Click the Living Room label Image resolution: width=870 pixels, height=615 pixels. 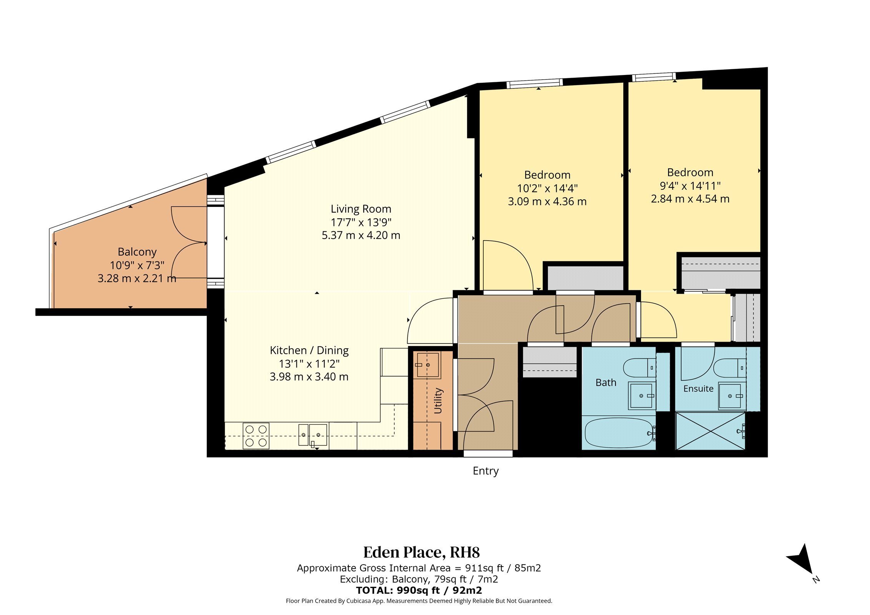click(361, 209)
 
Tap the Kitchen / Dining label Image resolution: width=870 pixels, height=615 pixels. click(309, 351)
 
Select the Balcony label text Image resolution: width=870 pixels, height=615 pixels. click(137, 252)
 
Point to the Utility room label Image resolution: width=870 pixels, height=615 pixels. click(438, 401)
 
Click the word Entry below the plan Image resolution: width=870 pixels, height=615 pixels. click(486, 471)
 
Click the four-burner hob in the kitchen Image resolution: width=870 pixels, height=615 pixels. click(256, 436)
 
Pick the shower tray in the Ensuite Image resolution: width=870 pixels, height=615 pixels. click(710, 431)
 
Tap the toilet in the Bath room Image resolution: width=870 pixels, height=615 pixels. click(640, 368)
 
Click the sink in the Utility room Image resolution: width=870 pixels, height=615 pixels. click(427, 365)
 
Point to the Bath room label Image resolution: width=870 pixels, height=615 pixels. click(606, 383)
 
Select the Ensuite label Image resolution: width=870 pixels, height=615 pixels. click(698, 389)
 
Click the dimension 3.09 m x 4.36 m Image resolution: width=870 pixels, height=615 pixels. click(547, 201)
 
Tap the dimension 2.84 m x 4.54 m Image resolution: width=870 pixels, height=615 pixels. click(690, 199)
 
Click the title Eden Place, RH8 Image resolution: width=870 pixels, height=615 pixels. click(422, 552)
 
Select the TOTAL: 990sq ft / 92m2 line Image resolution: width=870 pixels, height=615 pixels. click(419, 590)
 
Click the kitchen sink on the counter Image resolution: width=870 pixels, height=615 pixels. click(313, 435)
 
